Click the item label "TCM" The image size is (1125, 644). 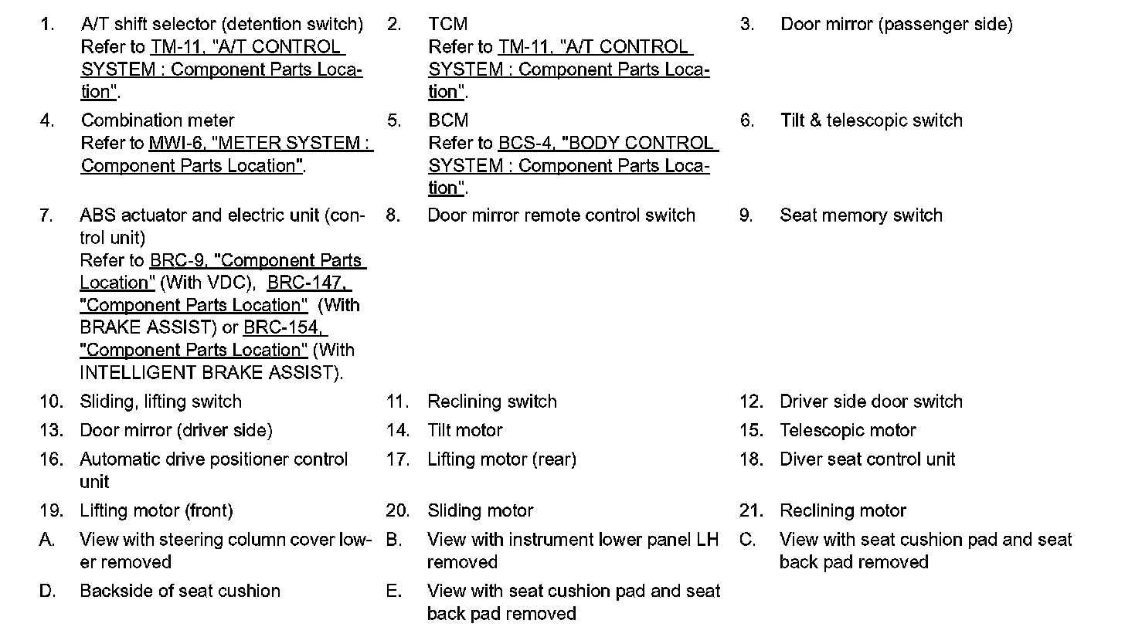(x=447, y=25)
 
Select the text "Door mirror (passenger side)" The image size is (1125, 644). (x=896, y=25)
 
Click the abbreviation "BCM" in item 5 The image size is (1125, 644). (x=448, y=120)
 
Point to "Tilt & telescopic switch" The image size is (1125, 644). (x=872, y=120)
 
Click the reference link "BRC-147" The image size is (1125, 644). (x=308, y=283)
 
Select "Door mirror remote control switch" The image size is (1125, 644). (x=561, y=215)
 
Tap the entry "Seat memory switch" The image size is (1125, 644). (x=861, y=215)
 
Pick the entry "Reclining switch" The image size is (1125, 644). (x=491, y=402)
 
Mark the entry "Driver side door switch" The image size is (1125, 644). (x=871, y=402)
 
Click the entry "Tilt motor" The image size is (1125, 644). (x=464, y=430)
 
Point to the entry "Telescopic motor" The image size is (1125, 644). (x=848, y=430)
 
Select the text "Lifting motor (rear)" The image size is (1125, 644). (x=501, y=459)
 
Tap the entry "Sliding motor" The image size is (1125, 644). (x=480, y=511)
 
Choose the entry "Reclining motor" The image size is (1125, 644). (x=842, y=511)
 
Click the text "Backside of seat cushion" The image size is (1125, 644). (x=180, y=591)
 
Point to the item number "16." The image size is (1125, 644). (x=51, y=459)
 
